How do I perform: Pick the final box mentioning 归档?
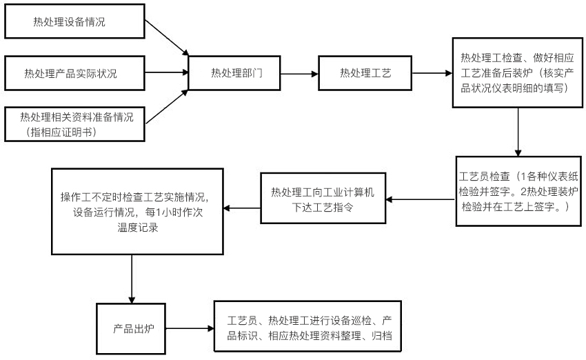tap(310, 328)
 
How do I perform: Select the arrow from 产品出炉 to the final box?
tap(190, 328)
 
